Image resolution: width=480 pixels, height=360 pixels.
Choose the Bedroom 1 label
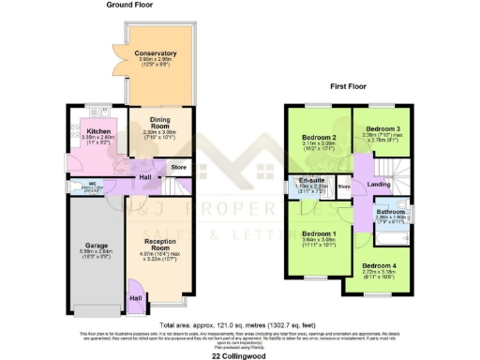point(320,233)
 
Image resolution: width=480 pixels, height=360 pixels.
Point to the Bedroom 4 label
point(380,266)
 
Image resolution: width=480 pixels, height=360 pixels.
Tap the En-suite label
point(312,180)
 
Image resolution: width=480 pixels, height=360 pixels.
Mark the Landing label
point(381,184)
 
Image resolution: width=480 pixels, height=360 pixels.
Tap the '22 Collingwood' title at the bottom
point(239,354)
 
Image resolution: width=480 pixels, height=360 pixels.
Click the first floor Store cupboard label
point(344,187)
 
